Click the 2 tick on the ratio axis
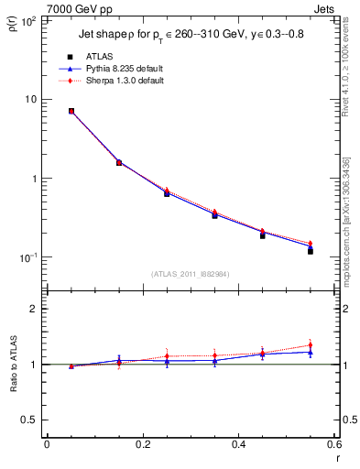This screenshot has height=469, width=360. point(33,310)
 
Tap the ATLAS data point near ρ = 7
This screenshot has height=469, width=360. point(71,111)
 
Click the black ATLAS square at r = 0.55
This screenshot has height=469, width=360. point(311,250)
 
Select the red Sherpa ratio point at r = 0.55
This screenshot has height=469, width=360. point(311,345)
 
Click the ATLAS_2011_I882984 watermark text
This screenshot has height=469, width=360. point(191,274)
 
